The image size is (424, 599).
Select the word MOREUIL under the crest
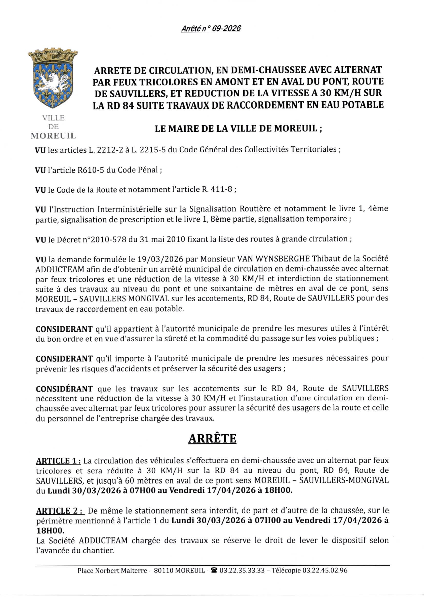click(53, 136)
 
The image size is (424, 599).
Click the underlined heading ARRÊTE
click(212, 439)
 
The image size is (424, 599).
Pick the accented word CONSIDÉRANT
click(64, 389)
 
